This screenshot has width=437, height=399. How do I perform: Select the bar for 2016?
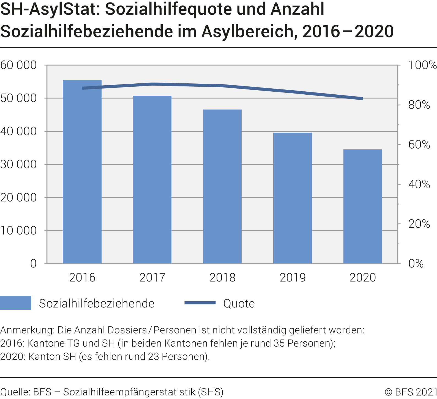pyautogui.click(x=82, y=172)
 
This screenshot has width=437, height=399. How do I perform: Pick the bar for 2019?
pyautogui.click(x=293, y=198)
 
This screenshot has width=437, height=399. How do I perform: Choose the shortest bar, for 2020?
pyautogui.click(x=363, y=206)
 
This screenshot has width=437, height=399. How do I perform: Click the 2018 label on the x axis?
pyautogui.click(x=222, y=277)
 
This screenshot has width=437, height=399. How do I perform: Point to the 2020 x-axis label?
pyautogui.click(x=363, y=277)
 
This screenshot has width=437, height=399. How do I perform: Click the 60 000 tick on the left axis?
pyautogui.click(x=18, y=65)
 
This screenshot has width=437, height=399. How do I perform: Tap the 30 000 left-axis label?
pyautogui.click(x=18, y=165)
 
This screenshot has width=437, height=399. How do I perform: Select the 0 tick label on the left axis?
pyautogui.click(x=33, y=264)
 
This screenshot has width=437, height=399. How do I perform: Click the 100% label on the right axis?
pyautogui.click(x=422, y=65)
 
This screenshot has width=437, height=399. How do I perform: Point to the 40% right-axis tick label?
pyautogui.click(x=419, y=184)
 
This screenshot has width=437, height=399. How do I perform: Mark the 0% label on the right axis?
pyautogui.click(x=416, y=264)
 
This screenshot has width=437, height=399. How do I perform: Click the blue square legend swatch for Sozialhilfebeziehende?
pyautogui.click(x=15, y=303)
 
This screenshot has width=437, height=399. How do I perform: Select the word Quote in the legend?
pyautogui.click(x=239, y=304)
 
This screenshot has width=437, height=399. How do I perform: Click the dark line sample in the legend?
pyautogui.click(x=200, y=303)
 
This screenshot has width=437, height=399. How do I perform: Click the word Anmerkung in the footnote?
pyautogui.click(x=27, y=330)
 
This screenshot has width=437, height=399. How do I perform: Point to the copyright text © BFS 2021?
pyautogui.click(x=411, y=392)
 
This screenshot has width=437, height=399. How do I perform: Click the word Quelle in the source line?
pyautogui.click(x=15, y=392)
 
